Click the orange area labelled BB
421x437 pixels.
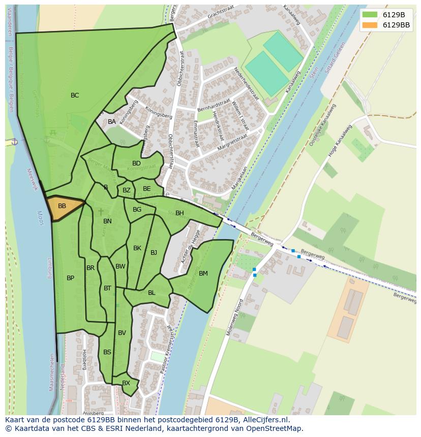(x=64, y=207)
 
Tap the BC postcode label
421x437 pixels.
(x=75, y=95)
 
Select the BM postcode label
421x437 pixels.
(x=203, y=274)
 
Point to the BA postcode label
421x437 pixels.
(x=112, y=122)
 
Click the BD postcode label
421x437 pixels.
(x=136, y=163)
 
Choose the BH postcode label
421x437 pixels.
(x=179, y=213)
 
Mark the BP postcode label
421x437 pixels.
(x=70, y=278)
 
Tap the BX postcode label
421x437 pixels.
(x=126, y=383)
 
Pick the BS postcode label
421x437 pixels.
(x=107, y=352)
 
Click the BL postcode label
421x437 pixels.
(x=152, y=293)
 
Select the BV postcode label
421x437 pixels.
(x=122, y=333)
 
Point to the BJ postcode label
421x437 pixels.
(x=154, y=253)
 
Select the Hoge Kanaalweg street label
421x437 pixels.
(x=340, y=141)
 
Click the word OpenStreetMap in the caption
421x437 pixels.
(x=277, y=428)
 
